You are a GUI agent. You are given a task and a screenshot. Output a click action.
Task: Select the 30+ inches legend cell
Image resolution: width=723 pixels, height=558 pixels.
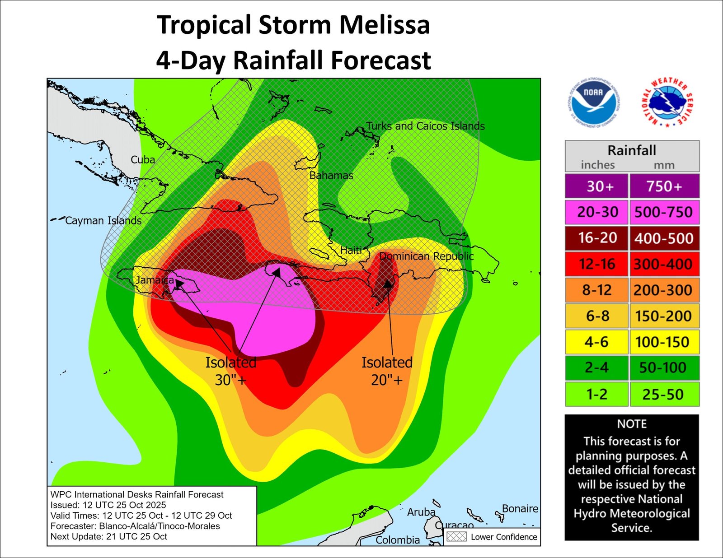[596, 186]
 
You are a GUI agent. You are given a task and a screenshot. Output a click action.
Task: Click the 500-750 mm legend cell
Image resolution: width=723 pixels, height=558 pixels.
[664, 212]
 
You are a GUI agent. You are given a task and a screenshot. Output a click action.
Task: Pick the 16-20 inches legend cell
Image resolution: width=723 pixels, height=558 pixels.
[596, 238]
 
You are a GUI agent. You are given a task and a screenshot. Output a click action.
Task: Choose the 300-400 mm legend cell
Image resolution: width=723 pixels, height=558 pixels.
[664, 264]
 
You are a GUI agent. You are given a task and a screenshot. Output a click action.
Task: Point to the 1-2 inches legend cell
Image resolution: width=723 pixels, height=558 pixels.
[596, 394]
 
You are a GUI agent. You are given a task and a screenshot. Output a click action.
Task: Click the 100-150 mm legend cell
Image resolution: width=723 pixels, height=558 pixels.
[664, 342]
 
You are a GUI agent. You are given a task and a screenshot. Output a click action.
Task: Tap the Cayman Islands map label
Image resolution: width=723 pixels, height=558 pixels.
[103, 221]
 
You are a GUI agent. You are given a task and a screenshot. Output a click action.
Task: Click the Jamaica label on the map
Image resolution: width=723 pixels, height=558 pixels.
[155, 280]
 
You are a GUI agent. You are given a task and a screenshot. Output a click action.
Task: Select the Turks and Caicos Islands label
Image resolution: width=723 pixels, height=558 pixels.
[425, 126]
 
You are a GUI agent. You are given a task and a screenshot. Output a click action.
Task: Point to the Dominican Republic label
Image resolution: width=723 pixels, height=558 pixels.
[426, 256]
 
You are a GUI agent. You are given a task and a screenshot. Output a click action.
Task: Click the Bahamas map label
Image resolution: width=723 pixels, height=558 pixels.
[331, 176]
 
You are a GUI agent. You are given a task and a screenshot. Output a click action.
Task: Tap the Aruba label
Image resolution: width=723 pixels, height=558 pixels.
[421, 512]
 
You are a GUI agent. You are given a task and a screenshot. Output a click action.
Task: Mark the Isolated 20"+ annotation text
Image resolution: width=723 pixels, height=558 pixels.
[387, 371]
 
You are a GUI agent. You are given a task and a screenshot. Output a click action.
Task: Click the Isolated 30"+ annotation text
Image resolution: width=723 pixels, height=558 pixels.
[231, 371]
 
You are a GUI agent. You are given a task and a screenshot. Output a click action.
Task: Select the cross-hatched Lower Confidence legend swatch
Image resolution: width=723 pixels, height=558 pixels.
[456, 537]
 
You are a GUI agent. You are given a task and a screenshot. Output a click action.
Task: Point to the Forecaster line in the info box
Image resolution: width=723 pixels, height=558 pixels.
[135, 526]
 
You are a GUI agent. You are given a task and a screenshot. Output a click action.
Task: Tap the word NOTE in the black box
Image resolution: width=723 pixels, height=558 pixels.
[632, 424]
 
